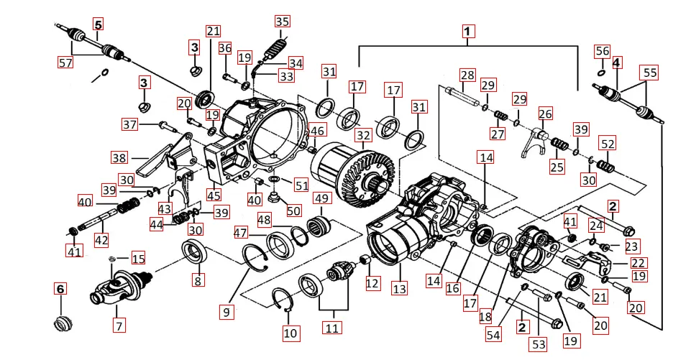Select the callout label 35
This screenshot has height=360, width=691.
(x=282, y=21)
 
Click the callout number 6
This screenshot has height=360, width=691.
(x=60, y=289)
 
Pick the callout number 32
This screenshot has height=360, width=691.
(x=362, y=134)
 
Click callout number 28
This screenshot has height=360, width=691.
(x=467, y=75)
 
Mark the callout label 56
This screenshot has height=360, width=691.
(x=602, y=51)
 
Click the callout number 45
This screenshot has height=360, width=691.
(x=213, y=195)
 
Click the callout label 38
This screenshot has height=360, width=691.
(x=119, y=158)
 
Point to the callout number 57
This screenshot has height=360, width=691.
(x=65, y=63)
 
